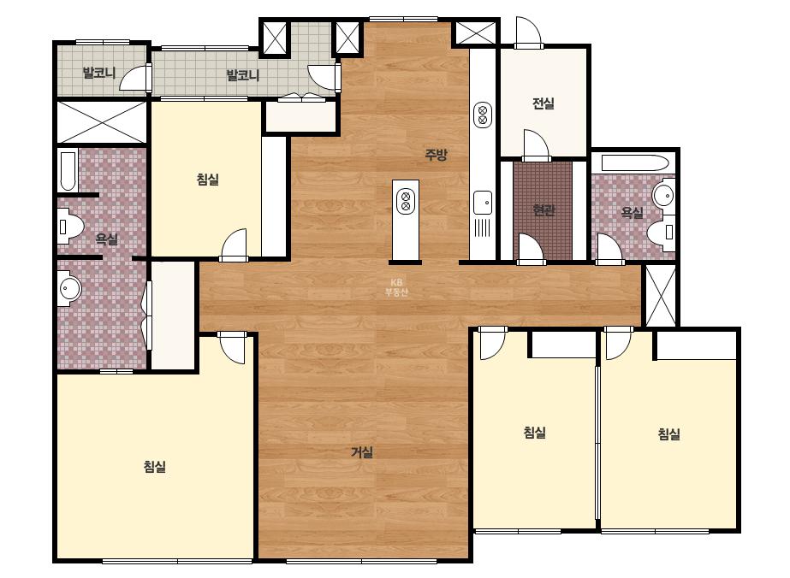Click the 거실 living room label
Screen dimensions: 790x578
tap(362, 452)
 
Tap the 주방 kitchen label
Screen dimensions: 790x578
tap(436, 155)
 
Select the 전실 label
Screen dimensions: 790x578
tap(543, 103)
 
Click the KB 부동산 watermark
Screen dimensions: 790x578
tap(396, 287)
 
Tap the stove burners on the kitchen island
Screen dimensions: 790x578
tap(406, 200)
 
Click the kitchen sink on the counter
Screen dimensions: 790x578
tap(483, 203)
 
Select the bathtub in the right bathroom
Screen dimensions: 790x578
tap(635, 163)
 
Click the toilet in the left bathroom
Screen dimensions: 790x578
tap(69, 227)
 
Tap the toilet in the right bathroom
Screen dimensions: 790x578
tap(662, 232)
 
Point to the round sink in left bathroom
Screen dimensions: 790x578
tap(70, 289)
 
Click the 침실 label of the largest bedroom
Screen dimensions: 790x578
tap(155, 467)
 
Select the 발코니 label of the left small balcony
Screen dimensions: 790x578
tap(99, 73)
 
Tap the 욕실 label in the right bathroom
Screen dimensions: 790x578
tap(632, 212)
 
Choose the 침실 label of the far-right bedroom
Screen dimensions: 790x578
tap(669, 433)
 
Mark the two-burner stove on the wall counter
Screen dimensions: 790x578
tap(483, 115)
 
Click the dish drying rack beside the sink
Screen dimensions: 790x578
tap(483, 227)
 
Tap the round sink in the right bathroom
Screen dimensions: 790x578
tap(663, 195)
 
